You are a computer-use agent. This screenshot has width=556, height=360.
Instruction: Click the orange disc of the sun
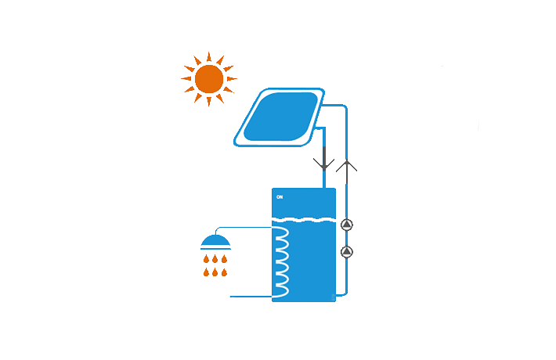click(209, 79)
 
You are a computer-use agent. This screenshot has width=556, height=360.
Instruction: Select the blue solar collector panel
click(280, 117)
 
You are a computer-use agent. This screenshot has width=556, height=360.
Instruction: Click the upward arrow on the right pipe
click(346, 165)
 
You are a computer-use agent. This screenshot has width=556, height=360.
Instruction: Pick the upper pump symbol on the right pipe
click(347, 225)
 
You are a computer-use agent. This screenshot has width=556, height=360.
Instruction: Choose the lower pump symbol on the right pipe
click(347, 252)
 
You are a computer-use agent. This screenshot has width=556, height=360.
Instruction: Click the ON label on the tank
click(280, 196)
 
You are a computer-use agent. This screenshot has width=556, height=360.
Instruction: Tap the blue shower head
click(215, 242)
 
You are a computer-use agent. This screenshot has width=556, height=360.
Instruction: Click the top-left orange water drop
click(206, 258)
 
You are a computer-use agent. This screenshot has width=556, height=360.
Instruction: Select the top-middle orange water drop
click(215, 258)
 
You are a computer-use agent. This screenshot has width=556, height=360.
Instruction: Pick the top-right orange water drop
click(225, 258)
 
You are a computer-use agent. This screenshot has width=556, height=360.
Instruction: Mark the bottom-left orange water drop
click(206, 272)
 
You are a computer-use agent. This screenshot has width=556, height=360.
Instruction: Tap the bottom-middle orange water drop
click(215, 272)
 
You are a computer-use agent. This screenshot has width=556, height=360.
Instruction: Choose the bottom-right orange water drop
click(225, 272)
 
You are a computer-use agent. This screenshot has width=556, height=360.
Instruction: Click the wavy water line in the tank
click(304, 219)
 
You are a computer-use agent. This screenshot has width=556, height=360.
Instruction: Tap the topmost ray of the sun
click(209, 56)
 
